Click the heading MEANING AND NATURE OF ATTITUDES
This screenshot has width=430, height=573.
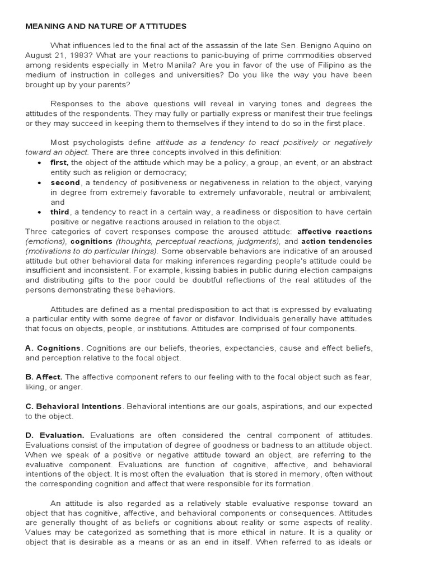coord(106,26)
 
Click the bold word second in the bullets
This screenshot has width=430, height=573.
coord(65,182)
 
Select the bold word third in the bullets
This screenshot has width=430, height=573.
coord(60,212)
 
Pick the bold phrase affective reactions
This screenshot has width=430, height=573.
coord(334,232)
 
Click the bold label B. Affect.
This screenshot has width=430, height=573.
coord(44,377)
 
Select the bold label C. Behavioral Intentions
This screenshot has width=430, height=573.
coord(73,406)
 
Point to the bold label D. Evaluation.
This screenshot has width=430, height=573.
coord(55,435)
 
